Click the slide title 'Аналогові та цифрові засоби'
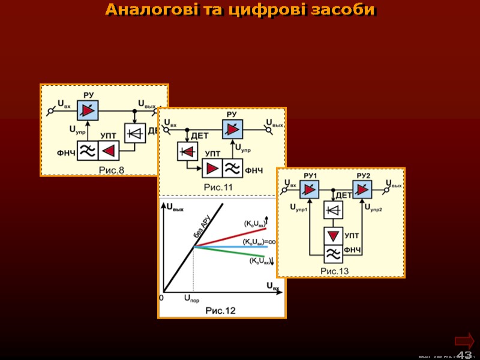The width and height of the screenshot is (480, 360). [240, 10]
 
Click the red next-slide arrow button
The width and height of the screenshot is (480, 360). [465, 338]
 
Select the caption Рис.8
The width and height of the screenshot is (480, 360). [111, 170]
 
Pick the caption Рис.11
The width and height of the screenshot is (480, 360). [218, 187]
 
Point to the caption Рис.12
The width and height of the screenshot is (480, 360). [221, 310]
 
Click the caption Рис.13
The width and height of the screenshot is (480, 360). [334, 271]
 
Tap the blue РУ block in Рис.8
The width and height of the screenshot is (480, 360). [88, 112]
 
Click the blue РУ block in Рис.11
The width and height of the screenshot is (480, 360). [232, 128]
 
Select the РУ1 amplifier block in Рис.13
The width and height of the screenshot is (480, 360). [310, 190]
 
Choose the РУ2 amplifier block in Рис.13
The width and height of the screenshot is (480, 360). [362, 190]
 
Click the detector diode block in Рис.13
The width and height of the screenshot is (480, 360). [334, 210]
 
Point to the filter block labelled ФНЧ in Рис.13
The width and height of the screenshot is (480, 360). [334, 254]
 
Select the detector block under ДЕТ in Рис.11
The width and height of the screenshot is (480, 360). [187, 151]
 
